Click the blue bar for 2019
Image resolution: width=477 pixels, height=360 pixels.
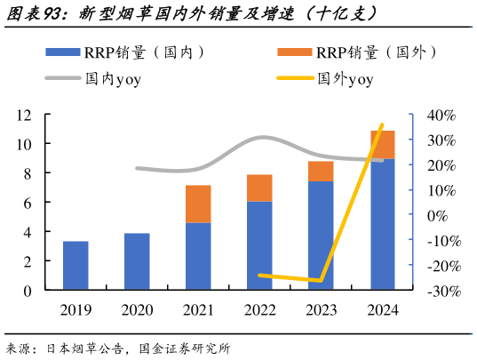pos(76,266)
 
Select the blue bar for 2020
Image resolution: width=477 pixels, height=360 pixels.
pos(137,261)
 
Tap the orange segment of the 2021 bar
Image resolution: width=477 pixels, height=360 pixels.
pos(198,204)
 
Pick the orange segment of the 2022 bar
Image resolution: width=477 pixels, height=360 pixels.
pos(259,188)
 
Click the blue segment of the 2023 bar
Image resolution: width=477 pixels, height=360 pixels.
pos(321,236)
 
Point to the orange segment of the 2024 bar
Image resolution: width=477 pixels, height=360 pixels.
pos(382,145)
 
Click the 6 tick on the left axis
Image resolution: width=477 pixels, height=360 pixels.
pos(28,203)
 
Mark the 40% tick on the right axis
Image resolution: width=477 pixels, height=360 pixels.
pos(441,115)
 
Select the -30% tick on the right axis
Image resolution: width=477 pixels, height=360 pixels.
pos(439,291)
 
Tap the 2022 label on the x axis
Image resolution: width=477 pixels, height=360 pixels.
pos(259,310)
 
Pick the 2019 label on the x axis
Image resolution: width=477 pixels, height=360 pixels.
pos(76,310)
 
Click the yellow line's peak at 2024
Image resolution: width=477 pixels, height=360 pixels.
pos(382,125)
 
